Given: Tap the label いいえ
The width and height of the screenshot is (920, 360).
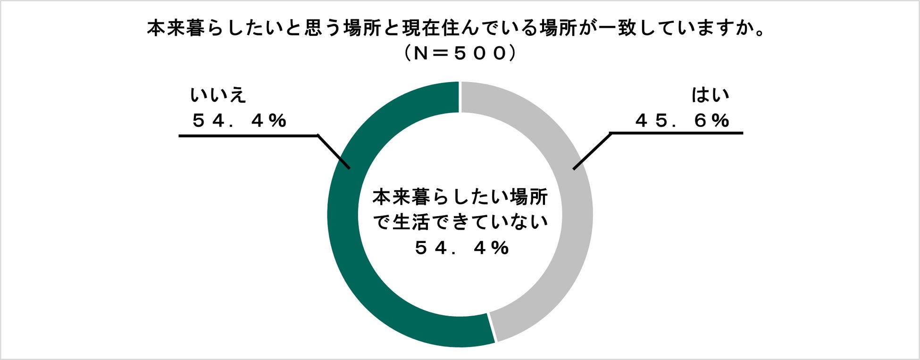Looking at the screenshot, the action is [218, 95].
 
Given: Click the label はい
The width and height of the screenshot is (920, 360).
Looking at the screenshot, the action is [710, 95].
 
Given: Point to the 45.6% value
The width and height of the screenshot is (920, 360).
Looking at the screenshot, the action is [682, 121].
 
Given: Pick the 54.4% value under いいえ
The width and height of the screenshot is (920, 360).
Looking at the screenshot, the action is [240, 121].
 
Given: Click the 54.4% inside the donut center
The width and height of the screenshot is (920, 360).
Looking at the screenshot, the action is [462, 248].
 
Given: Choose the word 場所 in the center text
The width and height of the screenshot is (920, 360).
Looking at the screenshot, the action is [528, 197].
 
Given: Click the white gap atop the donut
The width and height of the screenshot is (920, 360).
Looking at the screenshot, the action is [460, 97].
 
